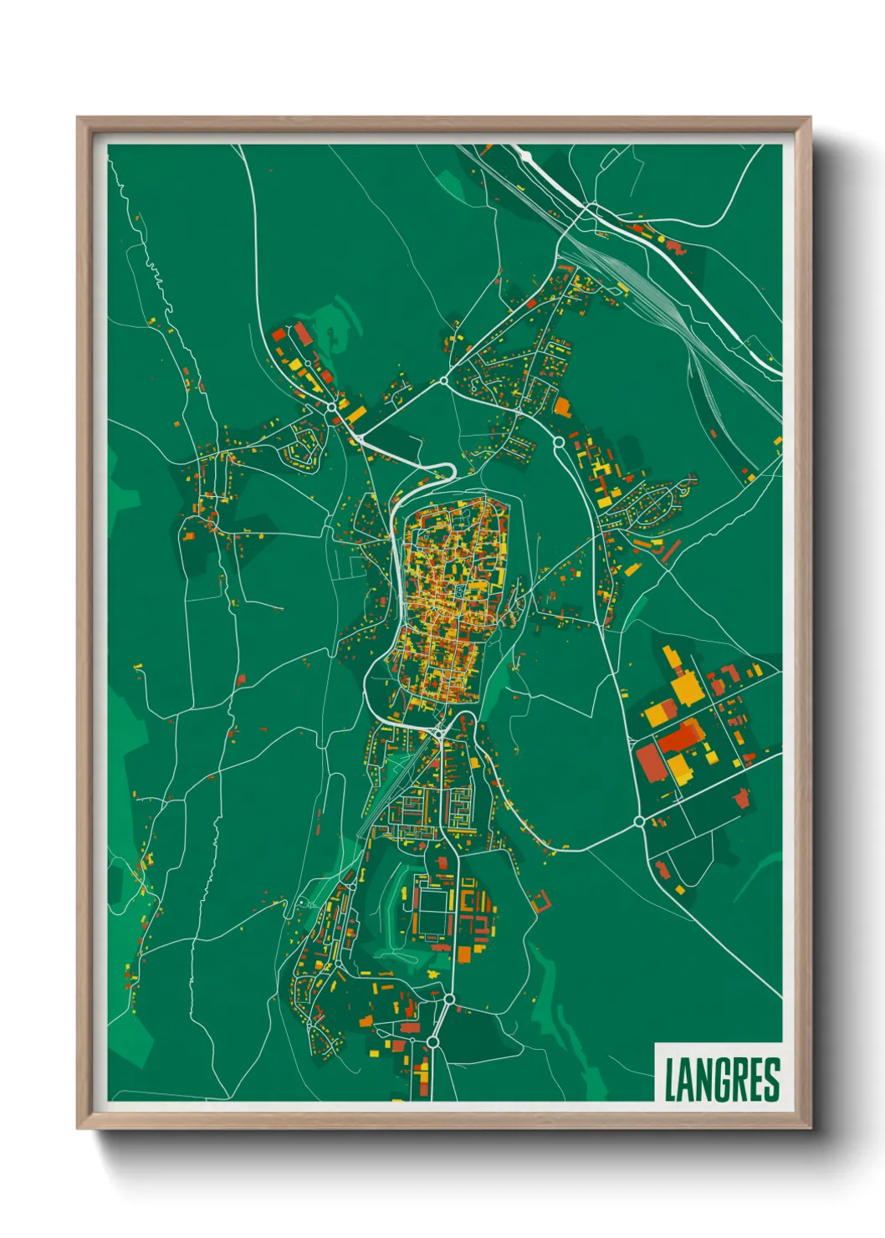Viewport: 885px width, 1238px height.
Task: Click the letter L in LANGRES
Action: click(x=671, y=1080)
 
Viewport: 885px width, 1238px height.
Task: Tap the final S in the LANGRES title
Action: click(x=772, y=1080)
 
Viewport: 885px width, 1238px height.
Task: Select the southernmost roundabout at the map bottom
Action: click(x=432, y=1041)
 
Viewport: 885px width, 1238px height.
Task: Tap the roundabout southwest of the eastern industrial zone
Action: click(x=639, y=821)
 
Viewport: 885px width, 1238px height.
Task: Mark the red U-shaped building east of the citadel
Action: click(x=540, y=901)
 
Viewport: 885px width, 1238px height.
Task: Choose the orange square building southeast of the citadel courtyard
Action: click(x=464, y=954)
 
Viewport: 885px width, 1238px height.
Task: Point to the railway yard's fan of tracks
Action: click(x=644, y=284)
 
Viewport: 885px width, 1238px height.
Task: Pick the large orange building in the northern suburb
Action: click(x=561, y=407)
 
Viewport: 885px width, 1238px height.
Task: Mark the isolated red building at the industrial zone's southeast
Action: click(x=741, y=797)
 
